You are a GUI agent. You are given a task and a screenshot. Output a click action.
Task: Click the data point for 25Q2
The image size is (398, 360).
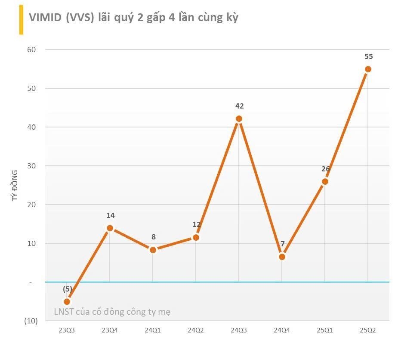click(368, 69)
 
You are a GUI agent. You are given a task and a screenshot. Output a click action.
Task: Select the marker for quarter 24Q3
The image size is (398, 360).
click(239, 119)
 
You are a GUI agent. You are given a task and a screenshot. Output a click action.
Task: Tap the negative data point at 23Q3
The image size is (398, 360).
click(67, 301)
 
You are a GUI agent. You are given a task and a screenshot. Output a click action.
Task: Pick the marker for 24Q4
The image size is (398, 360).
click(282, 257)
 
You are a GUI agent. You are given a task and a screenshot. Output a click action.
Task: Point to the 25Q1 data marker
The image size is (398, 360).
click(325, 181)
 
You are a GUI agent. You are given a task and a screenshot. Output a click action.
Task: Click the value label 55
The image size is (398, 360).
click(368, 56)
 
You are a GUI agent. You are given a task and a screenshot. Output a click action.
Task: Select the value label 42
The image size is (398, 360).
click(239, 106)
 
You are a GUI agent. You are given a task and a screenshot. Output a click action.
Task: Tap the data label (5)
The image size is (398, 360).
click(68, 289)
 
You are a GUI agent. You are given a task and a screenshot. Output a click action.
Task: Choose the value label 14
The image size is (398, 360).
click(111, 215)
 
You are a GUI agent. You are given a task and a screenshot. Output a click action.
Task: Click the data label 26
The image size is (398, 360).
click(326, 169)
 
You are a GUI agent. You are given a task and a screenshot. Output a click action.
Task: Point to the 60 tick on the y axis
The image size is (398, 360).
click(32, 50)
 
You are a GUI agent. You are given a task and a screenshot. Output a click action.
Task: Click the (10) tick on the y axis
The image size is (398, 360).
click(31, 321)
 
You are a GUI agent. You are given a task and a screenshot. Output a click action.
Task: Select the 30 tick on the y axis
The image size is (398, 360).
click(32, 166)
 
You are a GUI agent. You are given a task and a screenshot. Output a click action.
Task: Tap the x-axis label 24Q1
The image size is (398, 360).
click(153, 330)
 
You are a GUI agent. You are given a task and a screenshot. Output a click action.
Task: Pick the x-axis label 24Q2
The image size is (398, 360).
click(196, 330)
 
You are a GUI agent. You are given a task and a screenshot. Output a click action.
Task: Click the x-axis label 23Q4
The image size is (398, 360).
click(110, 330)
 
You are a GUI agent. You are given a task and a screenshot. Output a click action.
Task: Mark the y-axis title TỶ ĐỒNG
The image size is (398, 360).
click(15, 186)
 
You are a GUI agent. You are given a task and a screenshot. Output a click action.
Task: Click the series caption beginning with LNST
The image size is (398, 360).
click(112, 312)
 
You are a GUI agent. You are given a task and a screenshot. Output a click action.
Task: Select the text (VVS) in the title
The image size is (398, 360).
click(81, 18)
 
